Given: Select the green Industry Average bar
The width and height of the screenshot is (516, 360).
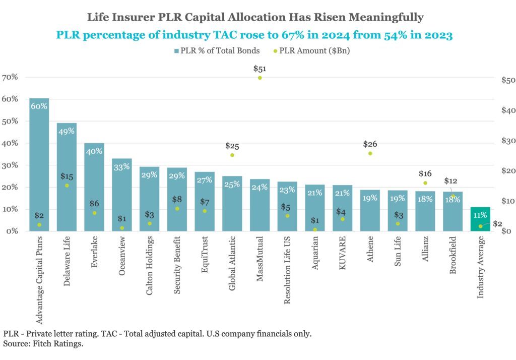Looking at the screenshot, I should pyautogui.click(x=480, y=219).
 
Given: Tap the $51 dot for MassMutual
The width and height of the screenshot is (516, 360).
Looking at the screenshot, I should pyautogui.click(x=260, y=78).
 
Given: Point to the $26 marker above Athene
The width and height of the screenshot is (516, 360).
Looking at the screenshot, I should pyautogui.click(x=370, y=153).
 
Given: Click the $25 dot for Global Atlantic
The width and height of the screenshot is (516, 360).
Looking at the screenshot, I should pyautogui.click(x=232, y=155).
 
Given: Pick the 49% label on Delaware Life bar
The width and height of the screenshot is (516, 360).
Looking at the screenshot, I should pyautogui.click(x=67, y=131).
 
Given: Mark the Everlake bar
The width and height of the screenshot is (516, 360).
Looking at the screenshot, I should pyautogui.click(x=94, y=187).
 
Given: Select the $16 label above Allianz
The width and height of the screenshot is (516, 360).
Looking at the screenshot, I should pyautogui.click(x=425, y=173).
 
